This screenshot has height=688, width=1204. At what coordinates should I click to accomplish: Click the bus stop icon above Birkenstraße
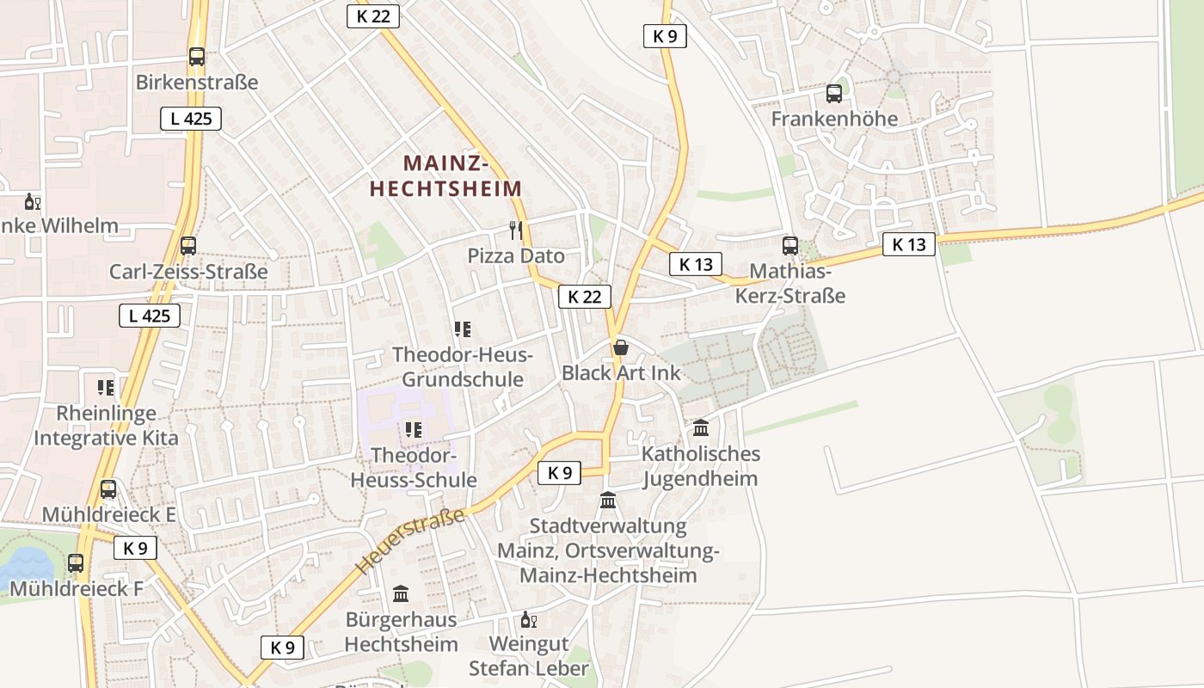197,57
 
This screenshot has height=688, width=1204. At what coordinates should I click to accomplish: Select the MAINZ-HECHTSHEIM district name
445,175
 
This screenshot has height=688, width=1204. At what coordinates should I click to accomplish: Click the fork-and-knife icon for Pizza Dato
516,230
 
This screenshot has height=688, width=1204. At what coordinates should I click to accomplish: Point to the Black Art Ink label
620,372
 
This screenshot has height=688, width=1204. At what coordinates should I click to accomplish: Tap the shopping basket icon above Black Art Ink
620,347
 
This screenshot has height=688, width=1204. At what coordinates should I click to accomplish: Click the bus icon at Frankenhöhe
833,93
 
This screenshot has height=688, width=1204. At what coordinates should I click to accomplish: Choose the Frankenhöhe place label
833,119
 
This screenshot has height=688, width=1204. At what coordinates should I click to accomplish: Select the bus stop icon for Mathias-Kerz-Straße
790,245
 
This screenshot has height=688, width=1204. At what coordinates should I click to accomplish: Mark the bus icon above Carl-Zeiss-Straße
188,245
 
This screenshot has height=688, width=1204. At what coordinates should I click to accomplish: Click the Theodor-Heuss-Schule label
413,467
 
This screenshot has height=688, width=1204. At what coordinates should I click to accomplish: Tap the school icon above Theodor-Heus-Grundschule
463,329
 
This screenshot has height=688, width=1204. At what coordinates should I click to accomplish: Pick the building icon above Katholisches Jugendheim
701,427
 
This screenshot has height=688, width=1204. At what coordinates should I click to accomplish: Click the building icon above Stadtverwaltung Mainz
608,500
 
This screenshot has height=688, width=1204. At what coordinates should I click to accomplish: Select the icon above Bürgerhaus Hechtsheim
401,593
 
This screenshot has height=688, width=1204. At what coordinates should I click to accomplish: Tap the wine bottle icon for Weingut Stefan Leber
528,619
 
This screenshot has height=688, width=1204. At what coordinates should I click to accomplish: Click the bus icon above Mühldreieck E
108,489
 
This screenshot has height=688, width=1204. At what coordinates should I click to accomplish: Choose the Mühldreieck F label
76,589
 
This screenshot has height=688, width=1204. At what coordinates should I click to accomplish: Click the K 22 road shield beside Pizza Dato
585,297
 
